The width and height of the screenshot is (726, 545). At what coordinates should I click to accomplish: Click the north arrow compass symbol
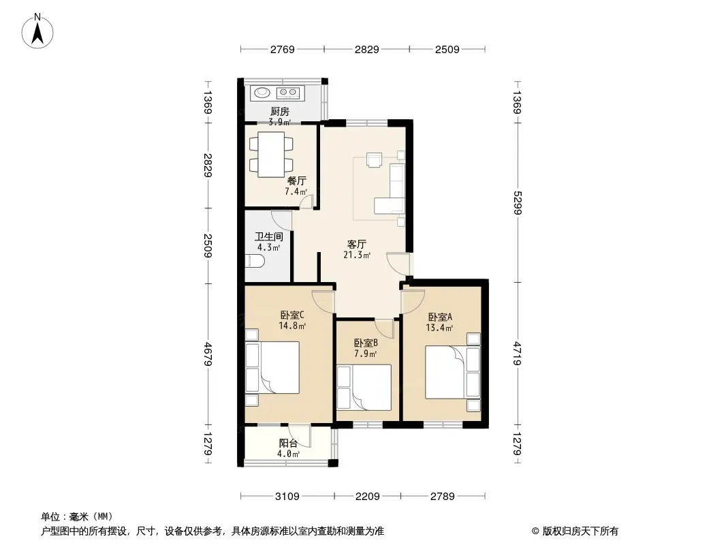tap(37, 31)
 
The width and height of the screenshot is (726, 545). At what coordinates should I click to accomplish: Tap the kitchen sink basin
tap(262, 93)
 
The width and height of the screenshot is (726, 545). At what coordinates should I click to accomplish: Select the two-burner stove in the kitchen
tap(288, 93)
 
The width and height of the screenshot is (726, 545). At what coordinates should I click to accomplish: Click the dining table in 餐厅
tap(271, 154)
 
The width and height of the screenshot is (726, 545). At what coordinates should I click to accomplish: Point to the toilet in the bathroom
tap(254, 262)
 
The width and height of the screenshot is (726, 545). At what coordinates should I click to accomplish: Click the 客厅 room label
tap(357, 244)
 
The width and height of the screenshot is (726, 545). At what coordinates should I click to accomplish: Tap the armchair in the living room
tap(374, 159)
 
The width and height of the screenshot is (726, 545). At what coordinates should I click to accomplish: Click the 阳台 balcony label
tap(288, 443)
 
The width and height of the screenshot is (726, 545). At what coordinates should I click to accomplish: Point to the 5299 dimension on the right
tap(517, 203)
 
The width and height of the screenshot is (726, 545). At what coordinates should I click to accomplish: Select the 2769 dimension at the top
tap(283, 49)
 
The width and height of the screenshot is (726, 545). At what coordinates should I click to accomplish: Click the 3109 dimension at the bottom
tap(287, 497)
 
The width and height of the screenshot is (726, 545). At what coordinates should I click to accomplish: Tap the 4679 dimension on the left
tap(208, 354)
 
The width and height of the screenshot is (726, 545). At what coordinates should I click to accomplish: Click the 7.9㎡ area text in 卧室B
tap(365, 354)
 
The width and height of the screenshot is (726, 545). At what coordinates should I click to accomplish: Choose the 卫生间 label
tap(268, 236)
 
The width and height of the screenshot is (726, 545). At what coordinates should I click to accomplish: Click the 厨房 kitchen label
tap(280, 111)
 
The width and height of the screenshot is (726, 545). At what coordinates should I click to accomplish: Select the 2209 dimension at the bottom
tap(368, 497)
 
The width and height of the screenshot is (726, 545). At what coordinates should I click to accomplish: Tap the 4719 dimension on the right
tap(517, 354)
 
